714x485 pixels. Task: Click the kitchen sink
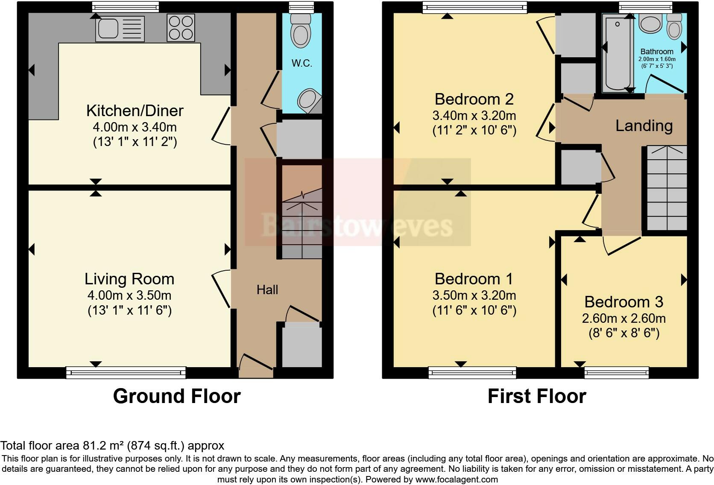click(120, 28)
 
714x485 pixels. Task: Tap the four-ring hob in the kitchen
click(181, 28)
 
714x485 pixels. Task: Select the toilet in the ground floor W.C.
click(301, 31)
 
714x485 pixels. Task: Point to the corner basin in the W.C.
click(309, 100)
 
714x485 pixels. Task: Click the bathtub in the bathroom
click(618, 53)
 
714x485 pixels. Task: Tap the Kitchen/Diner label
click(135, 111)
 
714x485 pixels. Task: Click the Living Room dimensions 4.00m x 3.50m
click(129, 295)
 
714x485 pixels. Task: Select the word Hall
click(267, 289)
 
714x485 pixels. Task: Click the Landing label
click(644, 126)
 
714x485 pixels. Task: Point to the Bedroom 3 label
click(624, 302)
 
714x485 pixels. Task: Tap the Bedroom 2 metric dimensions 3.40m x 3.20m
click(474, 115)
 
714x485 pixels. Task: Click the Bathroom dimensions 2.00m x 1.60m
click(657, 59)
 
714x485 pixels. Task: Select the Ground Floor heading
click(177, 396)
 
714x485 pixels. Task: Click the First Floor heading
click(537, 396)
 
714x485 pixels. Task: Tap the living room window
click(126, 373)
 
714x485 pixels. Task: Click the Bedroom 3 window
click(617, 373)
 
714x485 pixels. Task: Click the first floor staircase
click(667, 188)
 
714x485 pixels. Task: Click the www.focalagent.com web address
click(456, 479)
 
